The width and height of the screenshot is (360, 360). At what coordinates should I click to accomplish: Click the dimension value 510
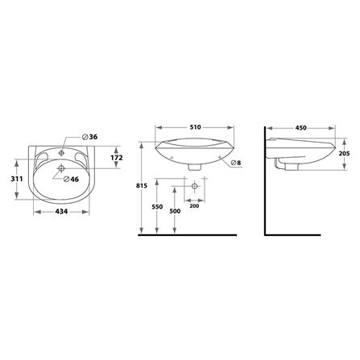click(x=195, y=127)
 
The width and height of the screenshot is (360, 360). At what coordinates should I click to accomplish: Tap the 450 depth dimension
click(x=300, y=128)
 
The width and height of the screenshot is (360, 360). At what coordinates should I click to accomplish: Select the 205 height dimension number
click(x=344, y=154)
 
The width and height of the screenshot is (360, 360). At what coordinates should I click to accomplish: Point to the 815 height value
click(x=142, y=185)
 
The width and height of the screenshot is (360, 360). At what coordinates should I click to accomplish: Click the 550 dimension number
click(x=157, y=207)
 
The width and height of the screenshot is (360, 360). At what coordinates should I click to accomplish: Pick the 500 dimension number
click(x=175, y=211)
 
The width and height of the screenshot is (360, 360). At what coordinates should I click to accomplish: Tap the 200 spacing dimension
click(x=194, y=206)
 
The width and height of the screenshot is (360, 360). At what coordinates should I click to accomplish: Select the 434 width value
click(x=61, y=212)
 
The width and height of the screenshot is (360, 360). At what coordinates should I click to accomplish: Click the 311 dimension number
click(x=17, y=179)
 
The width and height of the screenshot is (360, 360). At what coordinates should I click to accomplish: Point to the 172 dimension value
click(x=117, y=158)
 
